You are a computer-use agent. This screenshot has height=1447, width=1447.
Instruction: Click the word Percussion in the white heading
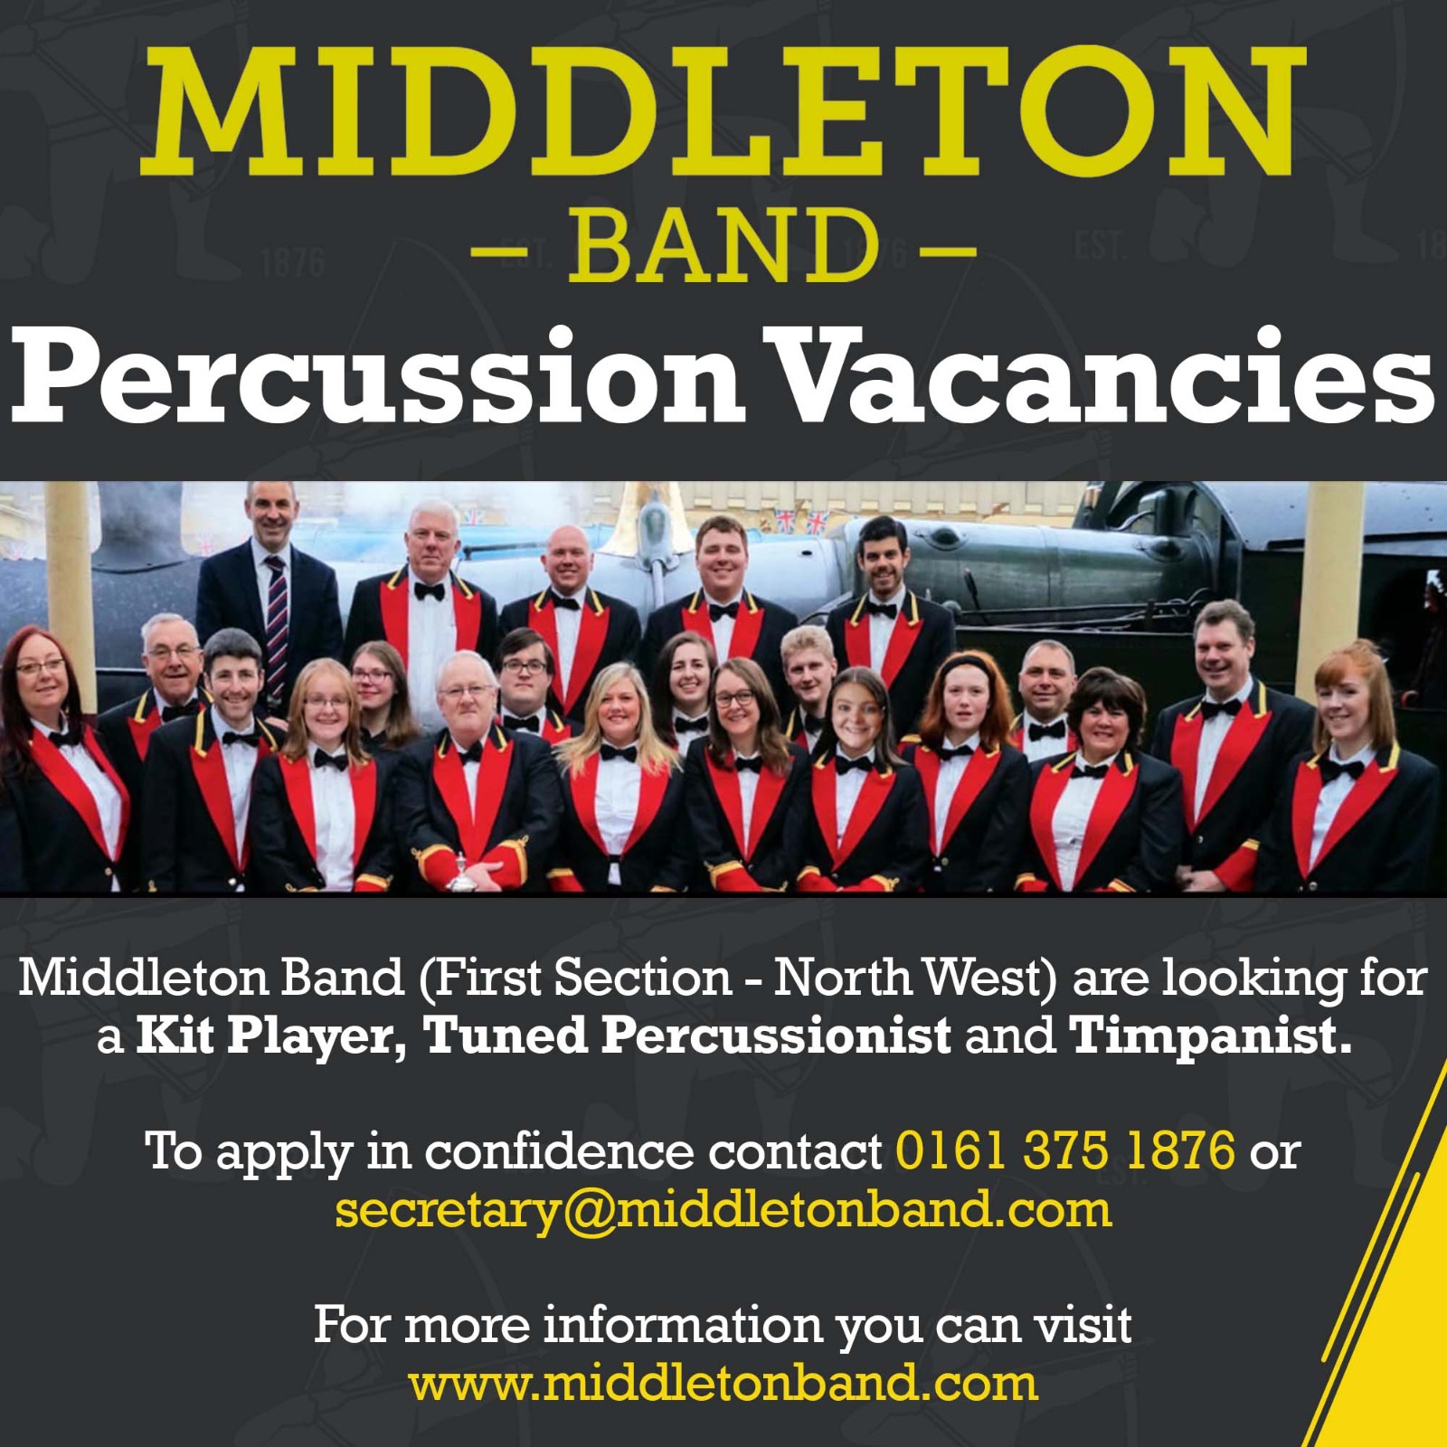click(x=377, y=378)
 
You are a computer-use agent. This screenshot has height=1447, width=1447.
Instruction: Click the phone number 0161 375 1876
click(x=1064, y=1149)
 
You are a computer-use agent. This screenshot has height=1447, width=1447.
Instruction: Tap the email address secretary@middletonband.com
click(x=723, y=1209)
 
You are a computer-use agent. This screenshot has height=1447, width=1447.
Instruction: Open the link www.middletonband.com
click(x=723, y=1384)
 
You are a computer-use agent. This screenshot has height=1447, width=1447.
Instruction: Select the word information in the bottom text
click(x=683, y=1325)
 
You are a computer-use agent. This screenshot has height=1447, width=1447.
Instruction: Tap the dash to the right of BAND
click(x=949, y=246)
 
